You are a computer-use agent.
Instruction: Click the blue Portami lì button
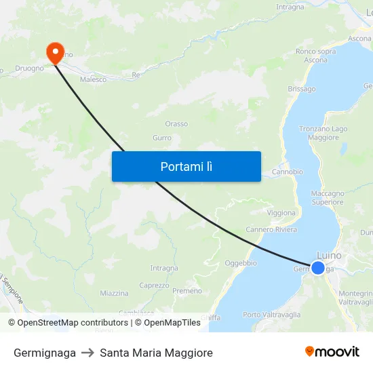click(186, 166)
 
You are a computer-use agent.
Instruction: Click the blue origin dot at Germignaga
click(317, 267)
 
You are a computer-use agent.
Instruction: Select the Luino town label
click(330, 256)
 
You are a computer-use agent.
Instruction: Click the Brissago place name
click(302, 89)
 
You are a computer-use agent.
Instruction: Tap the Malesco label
click(93, 79)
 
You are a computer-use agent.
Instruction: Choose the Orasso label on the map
click(176, 124)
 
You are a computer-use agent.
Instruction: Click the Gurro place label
click(162, 138)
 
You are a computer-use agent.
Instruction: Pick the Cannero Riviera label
click(271, 229)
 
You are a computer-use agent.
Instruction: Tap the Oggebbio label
click(240, 263)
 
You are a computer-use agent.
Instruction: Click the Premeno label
click(187, 291)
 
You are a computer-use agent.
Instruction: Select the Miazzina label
click(114, 294)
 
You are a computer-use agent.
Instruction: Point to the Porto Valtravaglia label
click(271, 315)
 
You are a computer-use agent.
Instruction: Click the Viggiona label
click(281, 213)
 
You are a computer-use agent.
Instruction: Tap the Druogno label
click(30, 68)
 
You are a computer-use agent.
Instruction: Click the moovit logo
click(332, 352)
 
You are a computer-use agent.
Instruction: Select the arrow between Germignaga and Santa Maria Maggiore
click(88, 353)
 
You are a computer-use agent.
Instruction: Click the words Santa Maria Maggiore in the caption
click(156, 353)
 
